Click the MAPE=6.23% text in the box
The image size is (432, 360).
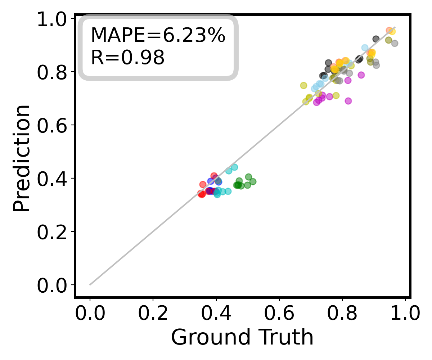coord(158,36)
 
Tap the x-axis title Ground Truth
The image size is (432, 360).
coord(242,337)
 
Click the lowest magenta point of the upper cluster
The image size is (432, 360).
coord(348,101)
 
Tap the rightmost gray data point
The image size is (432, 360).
coord(395,43)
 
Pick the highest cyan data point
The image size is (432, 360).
coord(234,167)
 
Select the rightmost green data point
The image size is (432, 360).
coord(253,181)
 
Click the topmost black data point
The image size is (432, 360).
coord(376,39)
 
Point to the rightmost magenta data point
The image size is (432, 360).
coord(361,75)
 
